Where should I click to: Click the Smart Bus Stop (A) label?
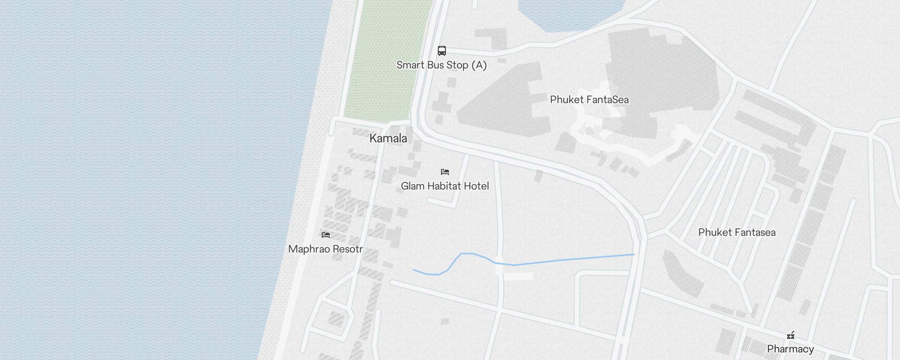pyautogui.click(x=441, y=65)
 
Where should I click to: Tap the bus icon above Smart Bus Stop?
pyautogui.click(x=442, y=51)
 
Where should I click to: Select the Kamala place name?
pyautogui.click(x=388, y=138)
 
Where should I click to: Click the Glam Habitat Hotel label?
pyautogui.click(x=445, y=186)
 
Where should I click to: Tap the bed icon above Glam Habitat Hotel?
pyautogui.click(x=445, y=172)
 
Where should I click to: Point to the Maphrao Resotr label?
pyautogui.click(x=325, y=249)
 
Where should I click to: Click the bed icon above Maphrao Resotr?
pyautogui.click(x=326, y=235)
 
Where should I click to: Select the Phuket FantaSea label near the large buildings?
pyautogui.click(x=589, y=100)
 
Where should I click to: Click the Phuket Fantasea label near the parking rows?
pyautogui.click(x=737, y=233)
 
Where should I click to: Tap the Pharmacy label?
pyautogui.click(x=790, y=349)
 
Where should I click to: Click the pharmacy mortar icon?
pyautogui.click(x=791, y=335)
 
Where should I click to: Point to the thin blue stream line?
pyautogui.click(x=562, y=260)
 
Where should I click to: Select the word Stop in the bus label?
pyautogui.click(x=457, y=65)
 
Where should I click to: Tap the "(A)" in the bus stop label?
pyautogui.click(x=479, y=65)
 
